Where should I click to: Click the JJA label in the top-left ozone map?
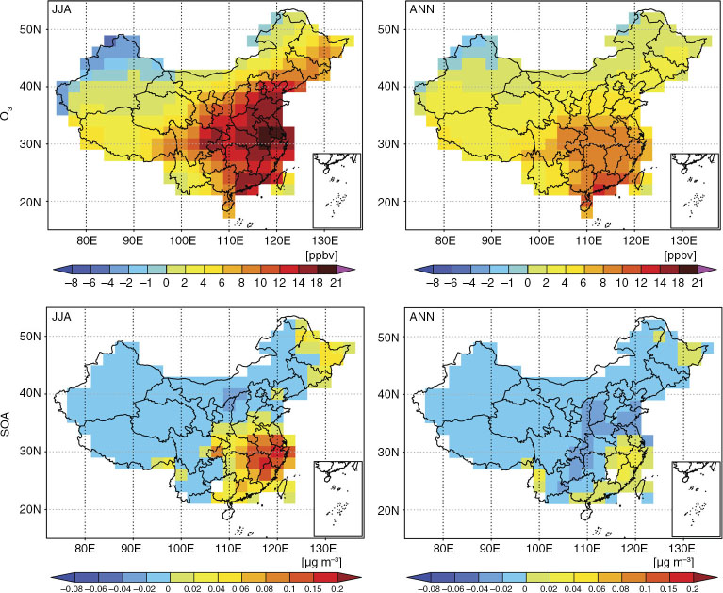tap(61, 8)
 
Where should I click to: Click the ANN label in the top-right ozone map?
tap(422, 8)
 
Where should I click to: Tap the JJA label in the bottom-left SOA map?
tap(61, 317)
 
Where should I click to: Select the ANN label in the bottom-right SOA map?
tap(422, 317)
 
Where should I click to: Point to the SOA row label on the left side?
tap(6, 424)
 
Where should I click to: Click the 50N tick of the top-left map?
tap(30, 29)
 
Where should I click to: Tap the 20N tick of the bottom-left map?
tap(30, 509)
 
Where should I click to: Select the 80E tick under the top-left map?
tap(86, 240)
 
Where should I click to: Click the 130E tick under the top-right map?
tap(682, 240)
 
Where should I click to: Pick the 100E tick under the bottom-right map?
tap(539, 549)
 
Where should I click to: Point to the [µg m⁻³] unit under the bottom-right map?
tap(675, 562)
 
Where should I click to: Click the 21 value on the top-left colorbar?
tap(337, 282)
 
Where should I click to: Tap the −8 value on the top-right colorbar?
tap(433, 282)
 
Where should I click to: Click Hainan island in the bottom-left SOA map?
tap(229, 514)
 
